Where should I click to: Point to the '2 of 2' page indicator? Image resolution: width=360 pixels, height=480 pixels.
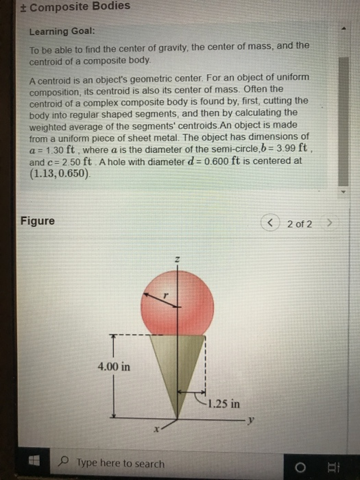[x=300, y=224]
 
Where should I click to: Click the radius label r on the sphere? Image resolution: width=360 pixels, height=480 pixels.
[x=165, y=292]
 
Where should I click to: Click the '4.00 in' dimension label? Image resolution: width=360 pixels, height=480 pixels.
[x=113, y=367]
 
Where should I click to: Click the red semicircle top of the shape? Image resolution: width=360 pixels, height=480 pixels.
[x=176, y=305]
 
